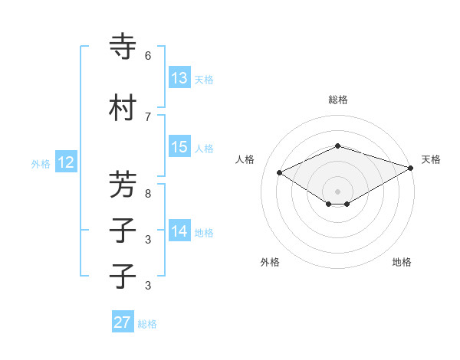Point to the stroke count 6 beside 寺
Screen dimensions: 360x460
[148, 55]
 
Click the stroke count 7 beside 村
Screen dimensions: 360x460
[148, 116]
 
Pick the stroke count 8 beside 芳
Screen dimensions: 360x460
[148, 193]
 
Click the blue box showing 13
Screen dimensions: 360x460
[179, 78]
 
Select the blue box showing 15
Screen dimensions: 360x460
[179, 147]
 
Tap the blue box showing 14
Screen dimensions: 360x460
[179, 231]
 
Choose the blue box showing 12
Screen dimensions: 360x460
[66, 162]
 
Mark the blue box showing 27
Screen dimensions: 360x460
[123, 322]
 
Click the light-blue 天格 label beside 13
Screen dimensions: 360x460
[204, 79]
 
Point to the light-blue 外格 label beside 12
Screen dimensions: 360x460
[41, 163]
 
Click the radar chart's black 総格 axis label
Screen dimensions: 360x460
[338, 100]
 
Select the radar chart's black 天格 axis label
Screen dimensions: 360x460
[431, 159]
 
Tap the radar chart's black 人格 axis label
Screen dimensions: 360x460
[245, 159]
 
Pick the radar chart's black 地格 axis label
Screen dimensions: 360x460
[402, 262]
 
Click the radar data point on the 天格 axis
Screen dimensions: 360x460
[412, 167]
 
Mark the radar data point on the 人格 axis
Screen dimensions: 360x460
[279, 172]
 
